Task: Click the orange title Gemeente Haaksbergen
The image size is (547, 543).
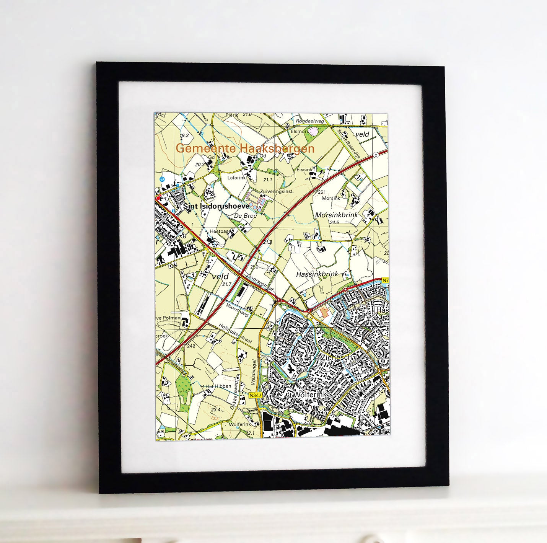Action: [245, 148]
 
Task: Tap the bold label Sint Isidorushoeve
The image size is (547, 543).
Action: [216, 206]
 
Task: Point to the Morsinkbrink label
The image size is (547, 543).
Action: [336, 215]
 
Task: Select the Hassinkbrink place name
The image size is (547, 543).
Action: [317, 274]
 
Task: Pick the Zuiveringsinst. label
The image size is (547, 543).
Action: [277, 191]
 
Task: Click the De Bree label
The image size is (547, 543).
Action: [246, 216]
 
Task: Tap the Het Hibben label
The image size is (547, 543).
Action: [218, 386]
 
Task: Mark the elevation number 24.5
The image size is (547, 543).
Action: [334, 222]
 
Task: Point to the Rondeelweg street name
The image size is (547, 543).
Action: [310, 121]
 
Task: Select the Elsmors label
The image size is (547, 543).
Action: [300, 131]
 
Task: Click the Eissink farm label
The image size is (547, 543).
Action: [304, 170]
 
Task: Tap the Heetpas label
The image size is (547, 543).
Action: [219, 232]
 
